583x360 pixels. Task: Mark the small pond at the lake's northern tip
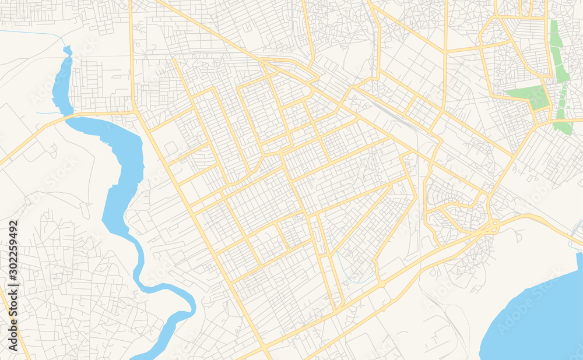67,51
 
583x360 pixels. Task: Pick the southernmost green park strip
563,125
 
